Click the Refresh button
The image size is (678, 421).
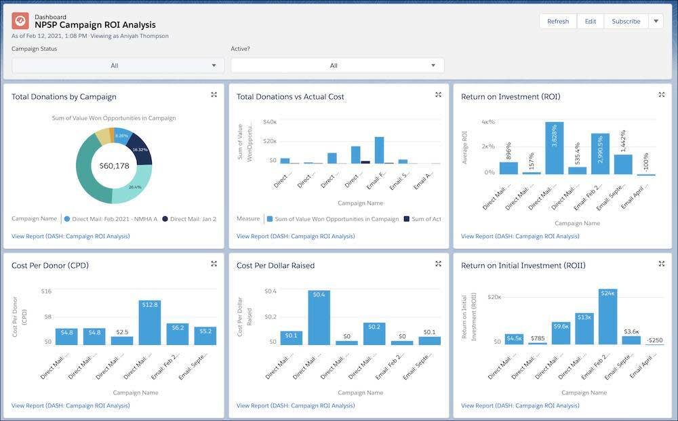point(558,21)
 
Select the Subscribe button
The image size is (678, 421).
point(625,21)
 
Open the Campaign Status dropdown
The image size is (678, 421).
point(114,66)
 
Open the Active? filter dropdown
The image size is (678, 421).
point(337,66)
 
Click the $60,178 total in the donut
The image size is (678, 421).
point(114,165)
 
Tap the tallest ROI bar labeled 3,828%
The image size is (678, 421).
point(555,149)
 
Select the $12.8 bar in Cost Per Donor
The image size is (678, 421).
point(150,323)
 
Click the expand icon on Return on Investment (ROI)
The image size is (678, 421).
point(661,95)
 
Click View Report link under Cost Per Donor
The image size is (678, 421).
point(71,405)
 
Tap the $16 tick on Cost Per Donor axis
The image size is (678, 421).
point(46,291)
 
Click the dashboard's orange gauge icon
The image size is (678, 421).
point(20,21)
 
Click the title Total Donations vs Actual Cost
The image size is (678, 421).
point(290,97)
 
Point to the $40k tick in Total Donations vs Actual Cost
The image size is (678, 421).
point(269,122)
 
